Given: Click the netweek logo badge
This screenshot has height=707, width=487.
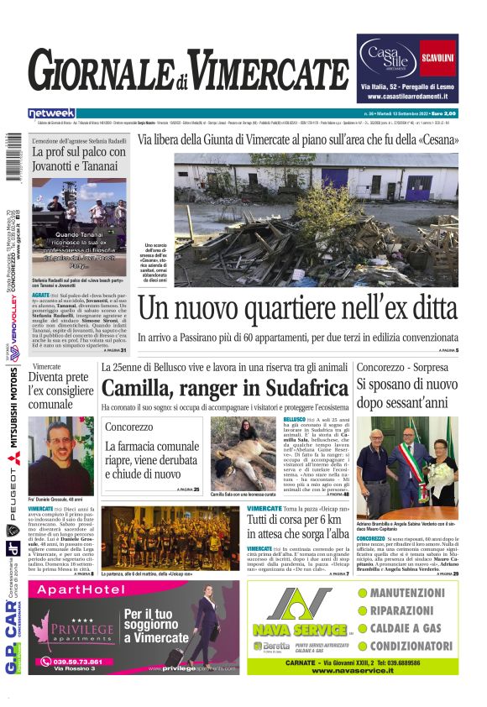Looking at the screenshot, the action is [x=52, y=113].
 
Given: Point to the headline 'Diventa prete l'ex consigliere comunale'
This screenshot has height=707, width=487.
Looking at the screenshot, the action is [x=63, y=391].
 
